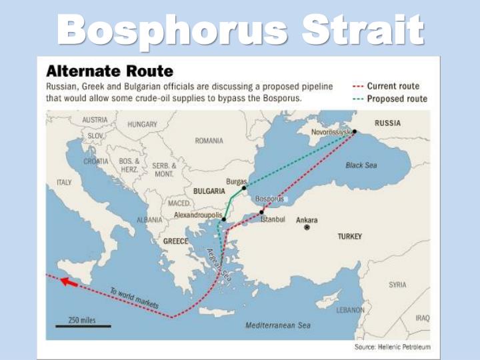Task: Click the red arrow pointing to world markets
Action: tap(69, 283)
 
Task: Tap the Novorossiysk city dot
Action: tap(355, 132)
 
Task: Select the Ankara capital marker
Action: tap(307, 227)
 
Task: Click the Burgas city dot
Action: tap(244, 188)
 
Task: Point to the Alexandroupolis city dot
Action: tap(224, 219)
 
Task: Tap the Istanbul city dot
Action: tap(261, 212)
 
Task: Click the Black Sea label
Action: tap(361, 165)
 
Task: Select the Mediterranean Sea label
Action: tap(278, 325)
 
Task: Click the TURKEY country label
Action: tap(349, 237)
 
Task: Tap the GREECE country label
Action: tap(175, 241)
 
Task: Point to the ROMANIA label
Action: tap(209, 141)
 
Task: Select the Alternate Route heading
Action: tap(109, 71)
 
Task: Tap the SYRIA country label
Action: tap(397, 285)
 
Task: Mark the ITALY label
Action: tap(64, 182)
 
